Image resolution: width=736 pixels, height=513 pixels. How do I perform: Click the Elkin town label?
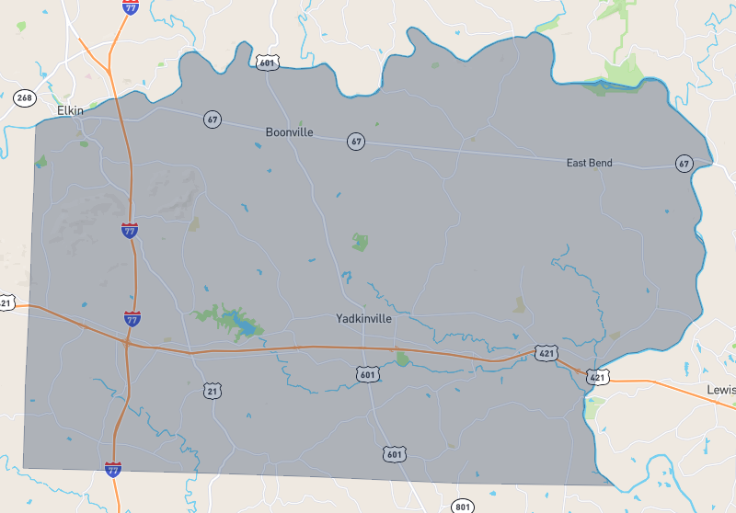pyautogui.click(x=70, y=110)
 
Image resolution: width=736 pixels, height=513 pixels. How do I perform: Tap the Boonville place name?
pyautogui.click(x=289, y=132)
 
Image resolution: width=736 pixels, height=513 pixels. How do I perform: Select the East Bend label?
pyautogui.click(x=589, y=164)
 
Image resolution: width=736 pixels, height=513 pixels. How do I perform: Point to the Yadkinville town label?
pyautogui.click(x=363, y=318)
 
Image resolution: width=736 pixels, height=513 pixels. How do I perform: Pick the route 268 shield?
pyautogui.click(x=23, y=97)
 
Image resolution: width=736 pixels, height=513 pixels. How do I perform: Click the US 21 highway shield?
pyautogui.click(x=213, y=392)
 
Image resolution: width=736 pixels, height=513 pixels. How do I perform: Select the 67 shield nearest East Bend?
pyautogui.click(x=683, y=163)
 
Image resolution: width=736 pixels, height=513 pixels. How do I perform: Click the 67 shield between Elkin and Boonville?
pyautogui.click(x=213, y=119)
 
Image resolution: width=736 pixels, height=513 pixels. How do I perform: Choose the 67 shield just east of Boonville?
pyautogui.click(x=356, y=141)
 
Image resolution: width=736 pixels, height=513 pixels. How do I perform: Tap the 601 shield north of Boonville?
pyautogui.click(x=267, y=62)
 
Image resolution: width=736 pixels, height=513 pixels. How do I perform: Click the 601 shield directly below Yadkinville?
pyautogui.click(x=367, y=372)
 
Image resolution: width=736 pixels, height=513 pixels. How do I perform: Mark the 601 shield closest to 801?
pyautogui.click(x=394, y=454)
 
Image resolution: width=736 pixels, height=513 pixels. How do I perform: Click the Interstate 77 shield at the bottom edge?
pyautogui.click(x=112, y=470)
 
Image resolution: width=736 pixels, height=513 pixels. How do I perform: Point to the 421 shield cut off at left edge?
pyautogui.click(x=6, y=302)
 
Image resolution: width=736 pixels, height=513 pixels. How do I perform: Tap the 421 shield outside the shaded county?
pyautogui.click(x=598, y=377)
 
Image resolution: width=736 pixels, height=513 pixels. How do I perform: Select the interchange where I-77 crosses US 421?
pyautogui.click(x=126, y=342)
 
